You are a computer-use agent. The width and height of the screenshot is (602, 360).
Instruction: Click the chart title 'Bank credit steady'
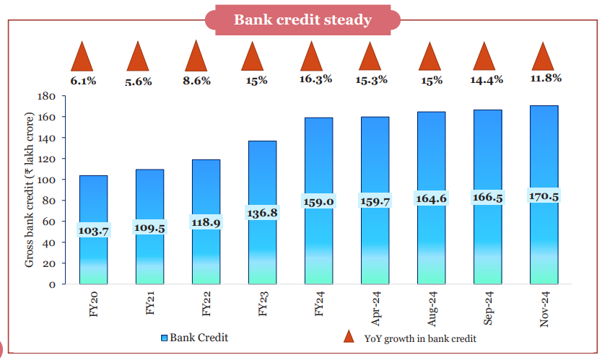pos(302,19)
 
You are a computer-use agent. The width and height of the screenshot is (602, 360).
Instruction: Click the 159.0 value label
pos(318,202)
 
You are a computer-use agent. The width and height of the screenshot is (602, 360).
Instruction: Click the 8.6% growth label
pos(196,82)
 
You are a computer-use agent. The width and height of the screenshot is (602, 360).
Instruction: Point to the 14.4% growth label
pos(487,80)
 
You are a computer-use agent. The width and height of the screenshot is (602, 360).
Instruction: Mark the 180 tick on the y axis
pos(48,96)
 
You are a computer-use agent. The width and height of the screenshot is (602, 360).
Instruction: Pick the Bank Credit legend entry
pos(194,337)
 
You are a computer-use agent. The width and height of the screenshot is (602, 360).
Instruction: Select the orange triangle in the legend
pos(349,336)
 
